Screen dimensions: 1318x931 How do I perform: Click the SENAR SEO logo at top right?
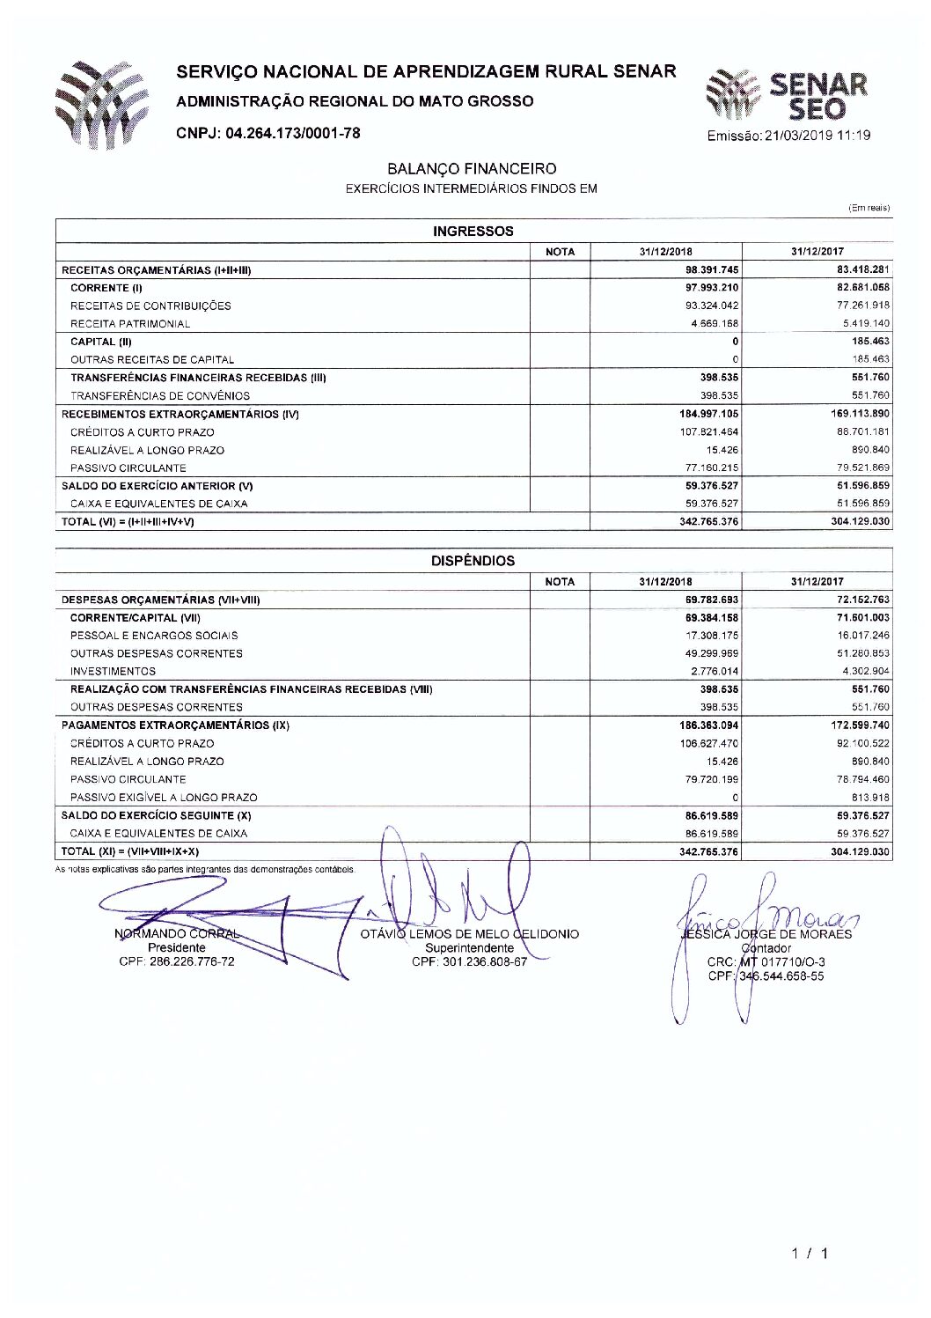coord(788,95)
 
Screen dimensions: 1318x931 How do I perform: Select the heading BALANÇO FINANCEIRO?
coord(472,168)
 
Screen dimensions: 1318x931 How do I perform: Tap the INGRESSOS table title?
coord(473,232)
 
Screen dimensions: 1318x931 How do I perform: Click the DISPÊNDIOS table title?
coord(473,561)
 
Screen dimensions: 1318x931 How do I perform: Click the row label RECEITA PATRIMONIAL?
coord(129,324)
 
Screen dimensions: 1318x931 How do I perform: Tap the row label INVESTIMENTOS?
coord(113,672)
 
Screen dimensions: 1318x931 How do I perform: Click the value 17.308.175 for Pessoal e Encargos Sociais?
coord(712,636)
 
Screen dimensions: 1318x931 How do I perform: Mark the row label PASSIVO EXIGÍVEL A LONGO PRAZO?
coord(164,798)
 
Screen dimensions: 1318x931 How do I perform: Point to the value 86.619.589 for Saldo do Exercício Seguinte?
coord(712,816)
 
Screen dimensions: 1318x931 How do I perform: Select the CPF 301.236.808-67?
coord(469,961)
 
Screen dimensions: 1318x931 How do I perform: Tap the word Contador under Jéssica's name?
coord(766,948)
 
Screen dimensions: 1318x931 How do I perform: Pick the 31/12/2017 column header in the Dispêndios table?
coord(817,582)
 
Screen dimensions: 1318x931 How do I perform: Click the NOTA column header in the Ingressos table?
coord(560,252)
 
